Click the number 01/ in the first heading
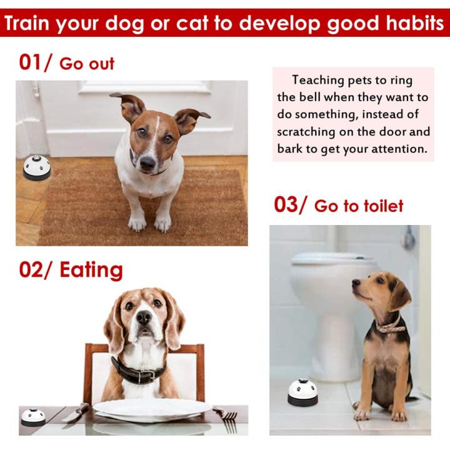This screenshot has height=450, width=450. pyautogui.click(x=36, y=62)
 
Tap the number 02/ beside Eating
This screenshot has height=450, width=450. pyautogui.click(x=37, y=270)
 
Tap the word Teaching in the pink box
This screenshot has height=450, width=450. pyautogui.click(x=318, y=80)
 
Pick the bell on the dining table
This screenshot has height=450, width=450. pyautogui.click(x=33, y=417)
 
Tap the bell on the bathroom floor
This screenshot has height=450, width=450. pyautogui.click(x=302, y=391)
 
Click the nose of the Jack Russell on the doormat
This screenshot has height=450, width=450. pyautogui.click(x=148, y=163)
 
